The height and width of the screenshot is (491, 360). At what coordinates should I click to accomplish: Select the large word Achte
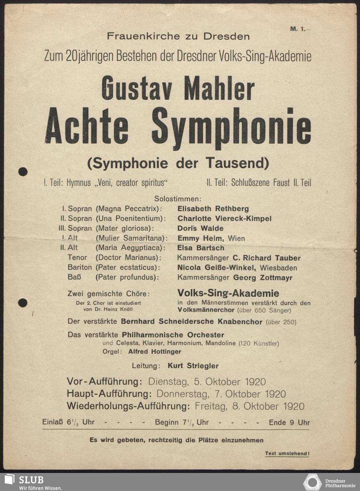coord(87,126)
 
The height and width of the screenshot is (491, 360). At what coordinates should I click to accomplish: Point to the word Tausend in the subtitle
coord(237,163)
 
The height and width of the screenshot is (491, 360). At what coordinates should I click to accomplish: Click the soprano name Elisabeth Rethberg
coord(213,209)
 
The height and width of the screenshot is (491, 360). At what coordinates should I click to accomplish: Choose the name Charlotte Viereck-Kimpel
coord(224,218)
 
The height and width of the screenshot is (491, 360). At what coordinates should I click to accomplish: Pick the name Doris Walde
coord(200,228)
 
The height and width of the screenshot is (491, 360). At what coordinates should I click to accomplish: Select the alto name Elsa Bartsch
coord(201,248)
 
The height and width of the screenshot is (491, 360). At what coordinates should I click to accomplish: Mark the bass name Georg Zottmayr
coord(263,278)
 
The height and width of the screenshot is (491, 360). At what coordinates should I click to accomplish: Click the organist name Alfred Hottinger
coord(155,352)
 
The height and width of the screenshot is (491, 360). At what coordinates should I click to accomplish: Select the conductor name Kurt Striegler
coord(193,366)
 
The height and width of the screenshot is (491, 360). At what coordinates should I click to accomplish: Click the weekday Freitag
coord(211,406)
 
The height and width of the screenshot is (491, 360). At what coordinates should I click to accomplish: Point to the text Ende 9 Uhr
coord(289,423)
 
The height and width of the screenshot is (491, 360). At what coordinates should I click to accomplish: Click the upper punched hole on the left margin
coord(23,171)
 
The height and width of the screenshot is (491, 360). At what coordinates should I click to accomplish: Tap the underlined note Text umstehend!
coord(287,454)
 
